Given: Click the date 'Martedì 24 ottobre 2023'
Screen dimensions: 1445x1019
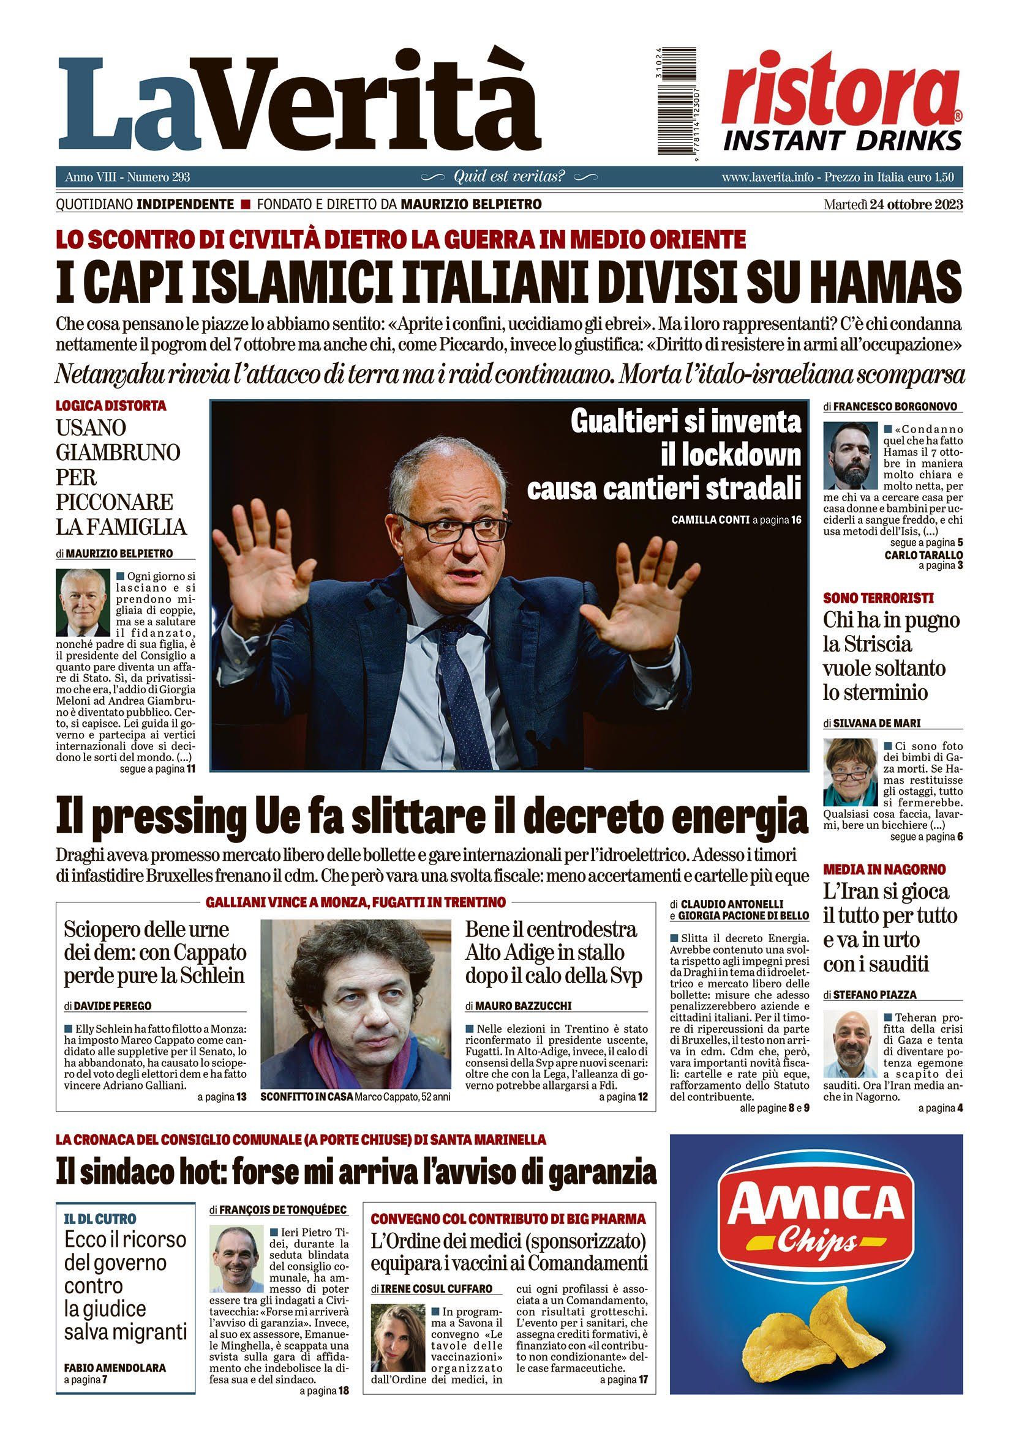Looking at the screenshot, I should (892, 204).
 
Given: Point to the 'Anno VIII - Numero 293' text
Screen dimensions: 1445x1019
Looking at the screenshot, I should (127, 177).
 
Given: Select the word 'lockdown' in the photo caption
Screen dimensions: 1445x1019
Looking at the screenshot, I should (731, 455).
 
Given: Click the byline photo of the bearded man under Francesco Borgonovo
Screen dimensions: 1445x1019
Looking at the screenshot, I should (850, 455).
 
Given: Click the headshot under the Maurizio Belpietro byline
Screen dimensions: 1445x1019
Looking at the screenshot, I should (83, 603).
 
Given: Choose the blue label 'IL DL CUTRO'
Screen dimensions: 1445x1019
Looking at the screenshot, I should (100, 1219).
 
